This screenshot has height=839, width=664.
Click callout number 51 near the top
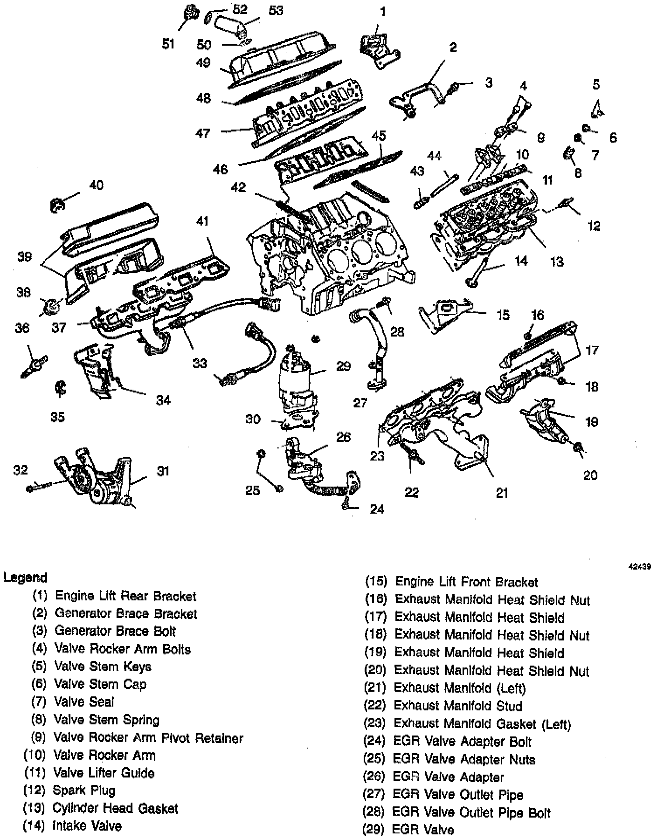pyautogui.click(x=168, y=44)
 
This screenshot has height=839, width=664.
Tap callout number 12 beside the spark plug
pyautogui.click(x=594, y=226)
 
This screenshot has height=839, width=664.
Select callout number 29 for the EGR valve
pyautogui.click(x=343, y=366)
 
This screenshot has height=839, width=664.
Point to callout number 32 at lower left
pyautogui.click(x=21, y=470)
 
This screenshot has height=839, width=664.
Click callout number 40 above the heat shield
pyautogui.click(x=96, y=185)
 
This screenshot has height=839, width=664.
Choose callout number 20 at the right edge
pyautogui.click(x=590, y=475)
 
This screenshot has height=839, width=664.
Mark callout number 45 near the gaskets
pyautogui.click(x=379, y=136)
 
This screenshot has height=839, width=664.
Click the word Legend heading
pyautogui.click(x=25, y=578)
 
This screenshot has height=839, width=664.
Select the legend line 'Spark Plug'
pyautogui.click(x=84, y=791)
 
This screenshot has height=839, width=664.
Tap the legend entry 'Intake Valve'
pyautogui.click(x=87, y=826)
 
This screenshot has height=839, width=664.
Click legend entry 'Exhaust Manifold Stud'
pyautogui.click(x=457, y=706)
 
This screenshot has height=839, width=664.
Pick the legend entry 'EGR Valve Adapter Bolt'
pyautogui.click(x=462, y=742)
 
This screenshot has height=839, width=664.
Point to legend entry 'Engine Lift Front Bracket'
pyautogui.click(x=466, y=582)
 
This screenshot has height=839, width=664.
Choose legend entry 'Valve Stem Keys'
pyautogui.click(x=103, y=667)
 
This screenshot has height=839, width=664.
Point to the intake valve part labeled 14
pyautogui.click(x=478, y=273)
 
